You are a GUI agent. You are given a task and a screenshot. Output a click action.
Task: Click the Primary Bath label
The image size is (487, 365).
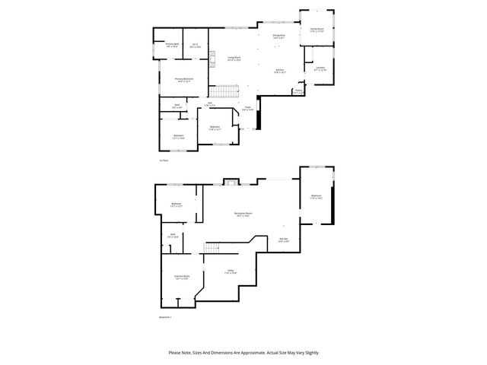(172, 45)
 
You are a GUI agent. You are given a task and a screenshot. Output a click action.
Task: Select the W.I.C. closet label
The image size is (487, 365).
(196, 45)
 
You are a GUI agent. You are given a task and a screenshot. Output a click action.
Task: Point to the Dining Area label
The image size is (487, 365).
(279, 36)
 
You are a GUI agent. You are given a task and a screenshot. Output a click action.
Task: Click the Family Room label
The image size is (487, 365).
(317, 30)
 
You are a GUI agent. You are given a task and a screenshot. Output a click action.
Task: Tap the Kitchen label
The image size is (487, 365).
(280, 71)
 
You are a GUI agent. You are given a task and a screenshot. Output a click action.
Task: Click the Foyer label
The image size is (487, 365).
(247, 109)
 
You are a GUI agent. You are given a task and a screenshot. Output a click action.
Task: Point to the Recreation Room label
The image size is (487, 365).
(243, 214)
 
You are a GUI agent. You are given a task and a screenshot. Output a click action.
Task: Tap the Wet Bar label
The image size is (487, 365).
(283, 241)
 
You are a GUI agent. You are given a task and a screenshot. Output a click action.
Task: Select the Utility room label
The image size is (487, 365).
(229, 271)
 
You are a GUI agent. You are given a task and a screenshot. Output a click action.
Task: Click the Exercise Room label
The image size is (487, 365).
(181, 277)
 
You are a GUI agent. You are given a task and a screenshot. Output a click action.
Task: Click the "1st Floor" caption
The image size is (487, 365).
(164, 160)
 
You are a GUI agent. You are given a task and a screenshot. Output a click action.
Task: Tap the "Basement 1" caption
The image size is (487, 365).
(165, 316)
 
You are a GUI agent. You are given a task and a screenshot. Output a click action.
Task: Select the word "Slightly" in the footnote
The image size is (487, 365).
(310, 353)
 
